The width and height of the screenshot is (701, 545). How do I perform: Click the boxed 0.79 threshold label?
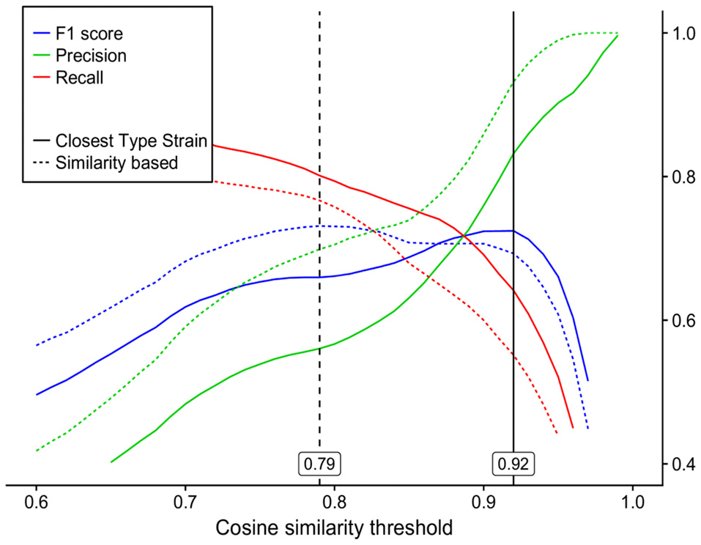[x=320, y=464]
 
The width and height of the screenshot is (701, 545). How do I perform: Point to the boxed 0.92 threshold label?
[x=513, y=464]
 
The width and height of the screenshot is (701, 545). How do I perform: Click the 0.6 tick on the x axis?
[x=36, y=505]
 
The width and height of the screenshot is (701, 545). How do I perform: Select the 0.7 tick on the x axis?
[x=185, y=505]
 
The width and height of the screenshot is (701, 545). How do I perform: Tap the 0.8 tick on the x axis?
[x=334, y=505]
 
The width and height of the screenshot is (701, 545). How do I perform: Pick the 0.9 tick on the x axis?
[x=483, y=505]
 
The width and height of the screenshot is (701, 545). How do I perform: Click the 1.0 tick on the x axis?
[x=632, y=505]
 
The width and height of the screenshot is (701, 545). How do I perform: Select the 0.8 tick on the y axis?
[x=677, y=177]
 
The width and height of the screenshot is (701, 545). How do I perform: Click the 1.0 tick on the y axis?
[x=677, y=34]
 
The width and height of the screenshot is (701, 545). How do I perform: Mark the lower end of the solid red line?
[x=572, y=428]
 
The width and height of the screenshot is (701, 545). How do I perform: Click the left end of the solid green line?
[x=111, y=461]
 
